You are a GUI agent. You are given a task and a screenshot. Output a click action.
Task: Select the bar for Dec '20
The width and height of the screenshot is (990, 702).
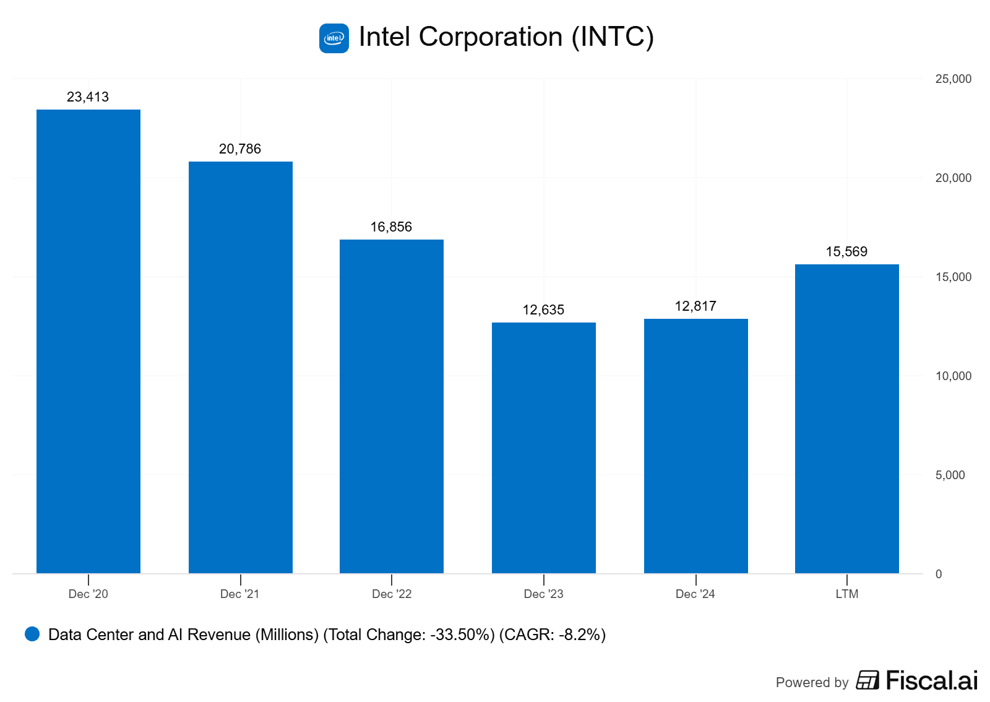pos(88,341)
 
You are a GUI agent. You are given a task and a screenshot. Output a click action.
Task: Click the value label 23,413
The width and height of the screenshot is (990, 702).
pos(88,97)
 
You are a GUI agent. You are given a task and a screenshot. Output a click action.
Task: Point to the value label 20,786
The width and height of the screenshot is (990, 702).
pos(240,149)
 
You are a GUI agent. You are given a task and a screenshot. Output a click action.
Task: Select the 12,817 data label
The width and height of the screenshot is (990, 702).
pos(695,306)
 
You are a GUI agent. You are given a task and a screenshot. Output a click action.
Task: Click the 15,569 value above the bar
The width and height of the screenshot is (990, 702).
pos(846,252)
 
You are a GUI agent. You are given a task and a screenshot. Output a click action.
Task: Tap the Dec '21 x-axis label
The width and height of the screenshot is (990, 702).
pos(240,594)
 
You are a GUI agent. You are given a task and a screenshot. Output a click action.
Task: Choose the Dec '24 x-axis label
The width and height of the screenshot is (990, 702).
pos(695,594)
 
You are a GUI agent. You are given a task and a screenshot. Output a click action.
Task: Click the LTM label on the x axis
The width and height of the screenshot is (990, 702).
pos(847,594)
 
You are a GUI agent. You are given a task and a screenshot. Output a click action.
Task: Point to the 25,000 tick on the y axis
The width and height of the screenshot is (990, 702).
pos(953,79)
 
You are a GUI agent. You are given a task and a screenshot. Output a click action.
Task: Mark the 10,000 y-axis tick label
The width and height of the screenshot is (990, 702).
pos(953,376)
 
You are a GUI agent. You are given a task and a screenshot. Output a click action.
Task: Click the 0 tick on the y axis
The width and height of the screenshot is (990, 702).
pos(939,574)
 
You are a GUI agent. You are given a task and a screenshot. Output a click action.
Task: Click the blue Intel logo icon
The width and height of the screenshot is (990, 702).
pos(334,38)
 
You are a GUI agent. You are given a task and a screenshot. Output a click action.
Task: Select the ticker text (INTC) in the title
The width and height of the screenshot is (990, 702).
pos(613,37)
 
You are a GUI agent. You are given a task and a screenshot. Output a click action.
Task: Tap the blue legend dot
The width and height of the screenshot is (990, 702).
pos(32,634)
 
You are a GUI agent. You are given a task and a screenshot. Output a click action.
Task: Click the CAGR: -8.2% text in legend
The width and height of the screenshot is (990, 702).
pos(553,635)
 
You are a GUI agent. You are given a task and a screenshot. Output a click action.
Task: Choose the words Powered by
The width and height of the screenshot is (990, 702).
pos(812,683)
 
